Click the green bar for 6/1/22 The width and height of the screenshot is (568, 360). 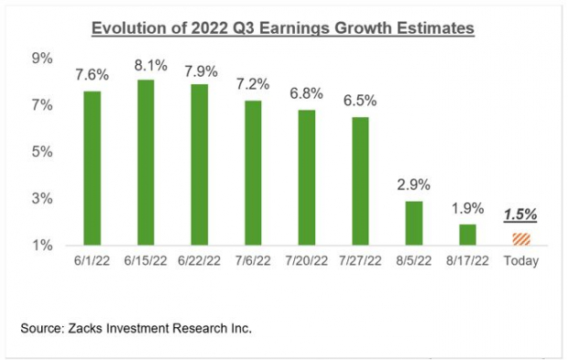click(92, 169)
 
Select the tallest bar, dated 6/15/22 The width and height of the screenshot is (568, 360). click(145, 163)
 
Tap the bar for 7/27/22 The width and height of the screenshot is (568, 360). click(360, 181)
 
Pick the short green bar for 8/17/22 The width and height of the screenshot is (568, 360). click(467, 235)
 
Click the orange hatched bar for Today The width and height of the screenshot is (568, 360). click(520, 240)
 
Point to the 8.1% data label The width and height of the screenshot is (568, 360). click(145, 66)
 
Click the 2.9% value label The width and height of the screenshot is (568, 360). click(413, 186)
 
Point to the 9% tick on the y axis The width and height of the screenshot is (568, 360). click(41, 59)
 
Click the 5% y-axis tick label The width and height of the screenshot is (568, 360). click(41, 152)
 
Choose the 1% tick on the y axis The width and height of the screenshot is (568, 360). click(41, 245)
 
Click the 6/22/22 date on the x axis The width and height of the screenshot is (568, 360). click(199, 261)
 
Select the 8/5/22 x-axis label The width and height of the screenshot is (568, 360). click(413, 261)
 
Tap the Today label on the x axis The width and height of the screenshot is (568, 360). click(520, 261)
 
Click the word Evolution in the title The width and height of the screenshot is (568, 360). click(127, 29)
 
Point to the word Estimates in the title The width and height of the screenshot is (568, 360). click(436, 29)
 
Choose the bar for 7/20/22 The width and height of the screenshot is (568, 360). click(306, 178)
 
